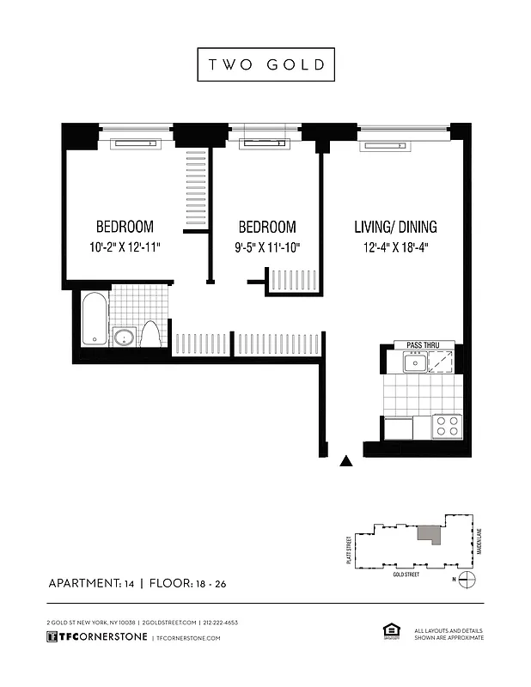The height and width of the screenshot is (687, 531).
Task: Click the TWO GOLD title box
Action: coord(265,64)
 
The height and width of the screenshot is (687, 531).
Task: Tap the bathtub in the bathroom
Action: coord(95,319)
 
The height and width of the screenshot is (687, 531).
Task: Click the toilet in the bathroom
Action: coord(151,333)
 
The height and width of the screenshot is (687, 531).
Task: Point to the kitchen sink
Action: coord(415,363)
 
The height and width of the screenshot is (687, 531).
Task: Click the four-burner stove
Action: coord(446,426)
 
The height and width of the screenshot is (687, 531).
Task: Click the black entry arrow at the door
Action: coord(347,461)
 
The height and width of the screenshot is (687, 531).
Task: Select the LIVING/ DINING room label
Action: coord(395,228)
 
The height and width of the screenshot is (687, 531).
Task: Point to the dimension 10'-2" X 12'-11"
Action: coord(125,248)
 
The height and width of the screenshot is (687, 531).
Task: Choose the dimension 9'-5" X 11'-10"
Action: coord(266,248)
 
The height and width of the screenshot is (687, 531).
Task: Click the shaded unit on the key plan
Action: coord(428,534)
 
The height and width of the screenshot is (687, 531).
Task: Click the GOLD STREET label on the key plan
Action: coord(406,573)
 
